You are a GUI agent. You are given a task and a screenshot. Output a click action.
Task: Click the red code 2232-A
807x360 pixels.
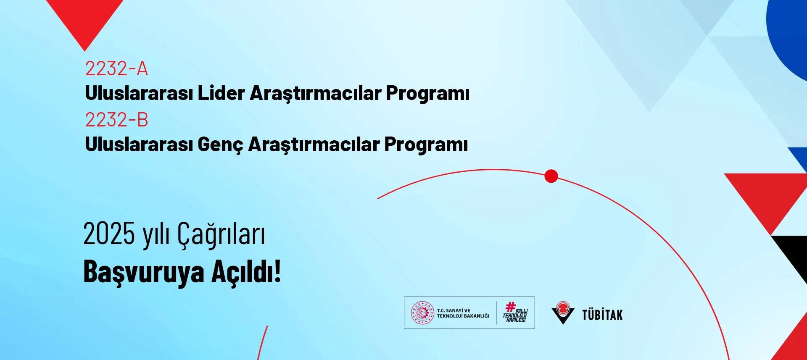click(x=116, y=68)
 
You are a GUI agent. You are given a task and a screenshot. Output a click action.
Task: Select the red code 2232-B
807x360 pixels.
click(x=116, y=120)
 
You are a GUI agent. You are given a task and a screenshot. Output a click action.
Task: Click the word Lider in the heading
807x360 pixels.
click(x=221, y=93)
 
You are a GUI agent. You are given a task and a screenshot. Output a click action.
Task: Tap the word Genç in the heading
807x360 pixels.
click(x=220, y=145)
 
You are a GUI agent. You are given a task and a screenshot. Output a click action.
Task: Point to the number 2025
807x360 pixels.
click(x=109, y=234)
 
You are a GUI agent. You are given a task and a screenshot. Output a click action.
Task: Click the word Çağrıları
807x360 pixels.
click(x=221, y=234)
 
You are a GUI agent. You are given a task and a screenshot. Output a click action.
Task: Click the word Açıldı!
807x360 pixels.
click(x=246, y=271)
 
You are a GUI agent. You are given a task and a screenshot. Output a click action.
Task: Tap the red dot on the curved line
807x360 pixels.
click(x=551, y=176)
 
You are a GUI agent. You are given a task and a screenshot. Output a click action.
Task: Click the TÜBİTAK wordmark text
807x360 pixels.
click(x=602, y=315)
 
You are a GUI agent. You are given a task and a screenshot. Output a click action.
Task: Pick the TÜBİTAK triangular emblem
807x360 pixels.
click(x=563, y=313)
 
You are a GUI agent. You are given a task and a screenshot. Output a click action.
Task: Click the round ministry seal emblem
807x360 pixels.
click(x=422, y=313)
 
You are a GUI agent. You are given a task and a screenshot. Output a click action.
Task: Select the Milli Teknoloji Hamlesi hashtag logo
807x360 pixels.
click(x=515, y=312)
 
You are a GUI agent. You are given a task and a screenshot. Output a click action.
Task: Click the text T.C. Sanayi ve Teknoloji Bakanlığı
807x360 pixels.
click(x=463, y=313)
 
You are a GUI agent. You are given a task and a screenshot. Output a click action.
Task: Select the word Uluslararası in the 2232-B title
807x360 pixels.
click(x=139, y=144)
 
